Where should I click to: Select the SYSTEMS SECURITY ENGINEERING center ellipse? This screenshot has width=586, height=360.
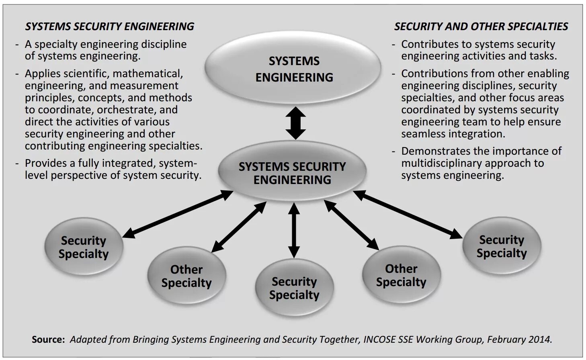point(292,173)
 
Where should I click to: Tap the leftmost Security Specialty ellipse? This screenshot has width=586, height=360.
point(84,247)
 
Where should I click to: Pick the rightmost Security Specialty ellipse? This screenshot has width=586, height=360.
point(502,246)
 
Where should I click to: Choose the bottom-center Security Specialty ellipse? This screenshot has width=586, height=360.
point(294,288)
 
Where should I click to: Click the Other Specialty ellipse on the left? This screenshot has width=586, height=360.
point(186,276)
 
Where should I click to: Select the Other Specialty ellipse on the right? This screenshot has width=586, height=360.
point(401,275)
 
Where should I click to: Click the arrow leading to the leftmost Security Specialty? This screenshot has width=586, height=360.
point(178,214)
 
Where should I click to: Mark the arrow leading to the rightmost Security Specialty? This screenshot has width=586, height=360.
point(408,215)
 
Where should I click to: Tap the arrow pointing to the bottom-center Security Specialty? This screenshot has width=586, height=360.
point(294,230)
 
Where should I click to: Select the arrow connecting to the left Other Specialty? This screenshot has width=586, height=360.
point(239,227)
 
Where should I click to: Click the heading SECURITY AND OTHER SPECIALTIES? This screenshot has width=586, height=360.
point(481,27)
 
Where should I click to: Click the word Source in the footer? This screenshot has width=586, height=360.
point(48,340)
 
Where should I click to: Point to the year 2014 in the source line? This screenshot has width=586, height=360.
point(539,340)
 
